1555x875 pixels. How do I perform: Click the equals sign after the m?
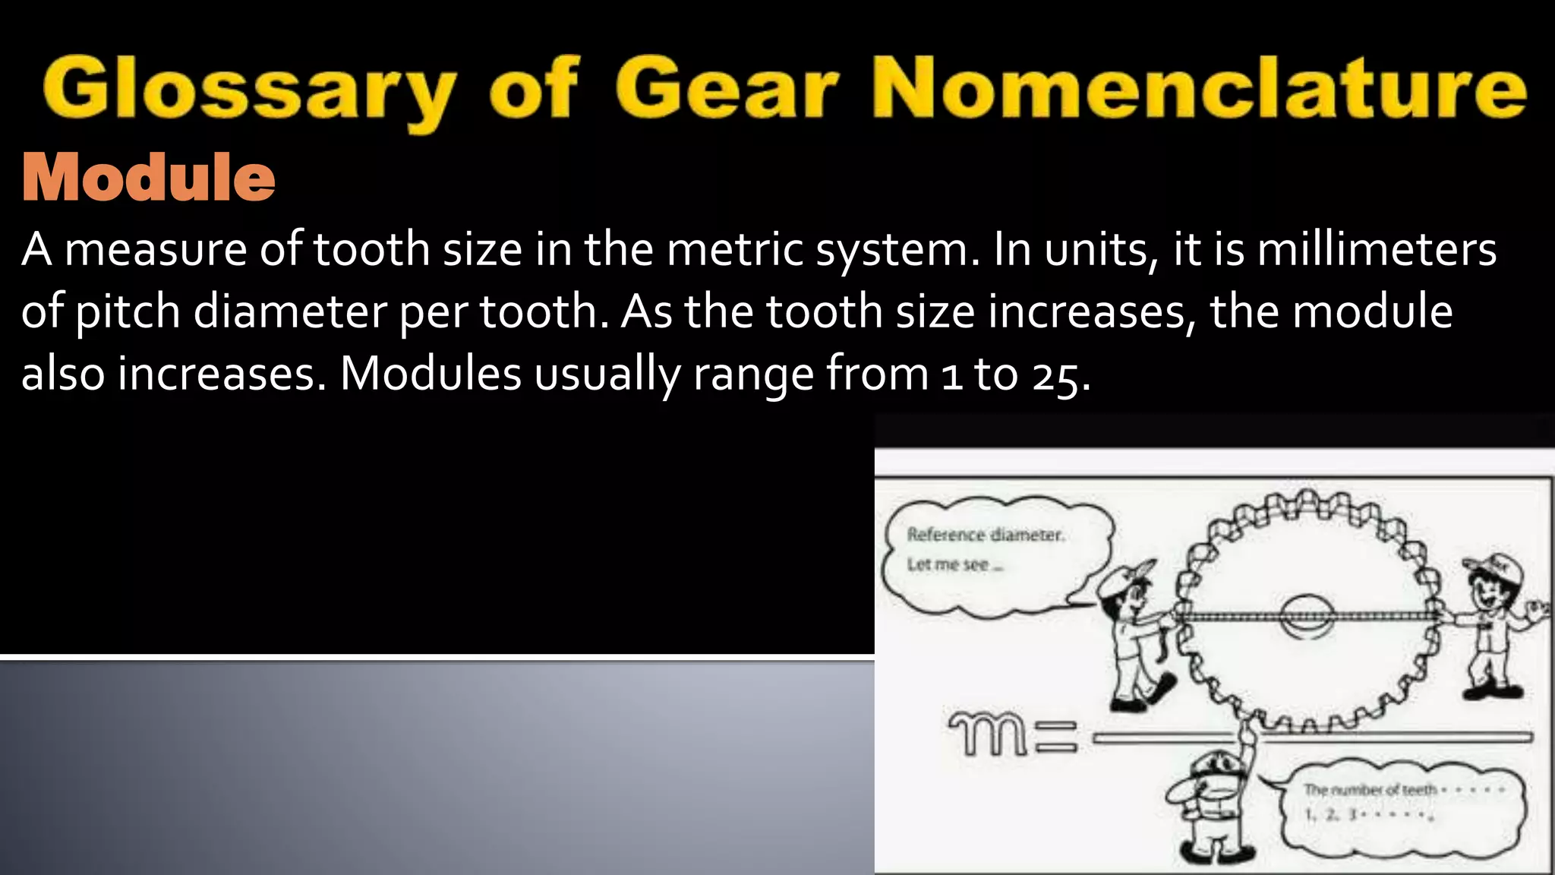[x=1055, y=737]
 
